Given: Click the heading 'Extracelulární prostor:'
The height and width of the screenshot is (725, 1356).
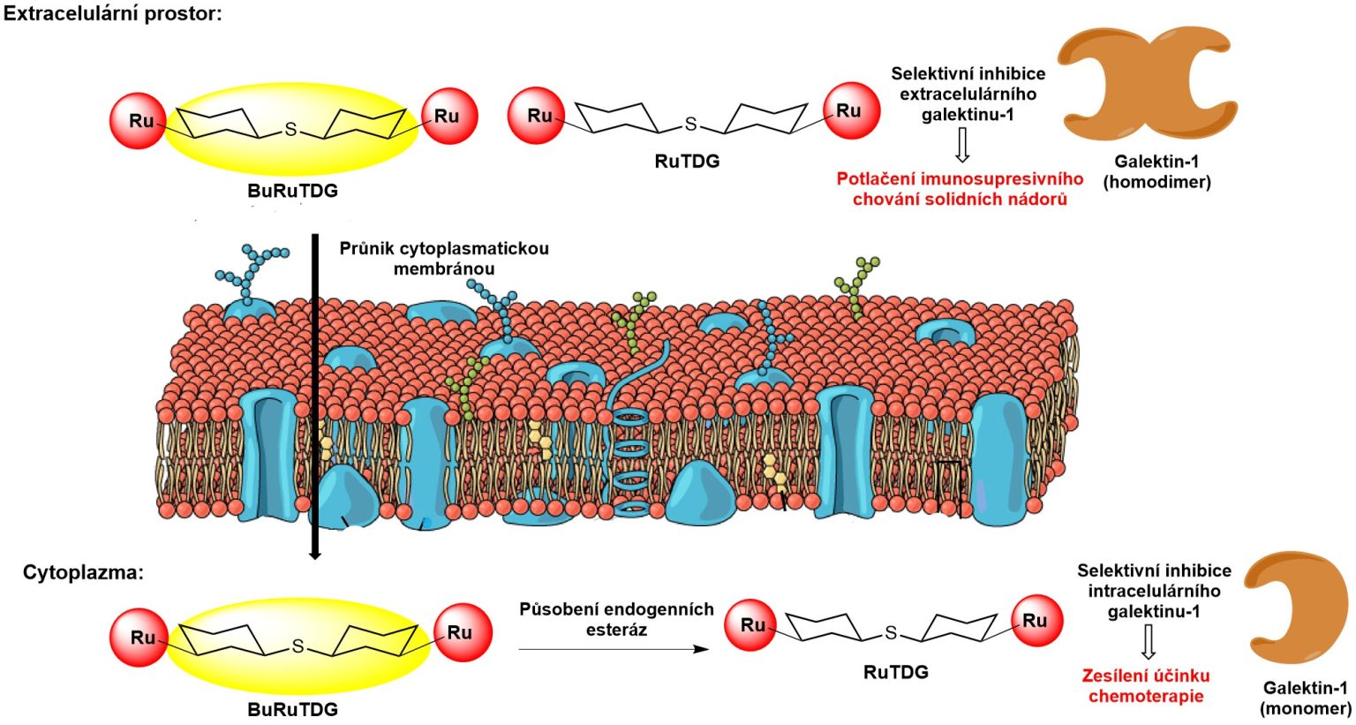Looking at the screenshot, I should pyautogui.click(x=112, y=14).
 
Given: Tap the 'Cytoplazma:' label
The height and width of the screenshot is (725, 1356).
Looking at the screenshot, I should pyautogui.click(x=83, y=572).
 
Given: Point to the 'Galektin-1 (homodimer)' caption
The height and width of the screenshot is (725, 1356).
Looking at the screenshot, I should pyautogui.click(x=1156, y=171).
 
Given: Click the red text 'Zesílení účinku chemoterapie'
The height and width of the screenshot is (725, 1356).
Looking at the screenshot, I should pyautogui.click(x=1146, y=685).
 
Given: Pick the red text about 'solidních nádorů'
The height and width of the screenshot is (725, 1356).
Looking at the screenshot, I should pyautogui.click(x=960, y=189).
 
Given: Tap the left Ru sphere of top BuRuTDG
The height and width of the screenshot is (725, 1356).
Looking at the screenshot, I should pyautogui.click(x=139, y=120).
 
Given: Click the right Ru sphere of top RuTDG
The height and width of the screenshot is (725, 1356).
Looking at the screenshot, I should pyautogui.click(x=851, y=111).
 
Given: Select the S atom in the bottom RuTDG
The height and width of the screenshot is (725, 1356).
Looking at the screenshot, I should pyautogui.click(x=890, y=632).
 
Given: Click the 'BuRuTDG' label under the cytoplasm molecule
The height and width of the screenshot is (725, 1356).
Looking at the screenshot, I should pyautogui.click(x=292, y=709).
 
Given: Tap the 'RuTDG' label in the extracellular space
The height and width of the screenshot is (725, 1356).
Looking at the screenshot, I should pyautogui.click(x=687, y=161).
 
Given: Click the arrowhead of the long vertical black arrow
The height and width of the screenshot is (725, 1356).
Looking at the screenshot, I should pyautogui.click(x=314, y=553).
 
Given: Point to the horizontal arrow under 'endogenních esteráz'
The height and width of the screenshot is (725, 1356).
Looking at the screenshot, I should pyautogui.click(x=614, y=649).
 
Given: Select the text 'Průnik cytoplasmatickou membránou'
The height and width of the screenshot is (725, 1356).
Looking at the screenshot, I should pyautogui.click(x=444, y=259).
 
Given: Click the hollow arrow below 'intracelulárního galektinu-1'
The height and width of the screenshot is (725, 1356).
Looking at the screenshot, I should pyautogui.click(x=1148, y=642).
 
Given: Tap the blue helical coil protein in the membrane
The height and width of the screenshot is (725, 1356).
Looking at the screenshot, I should pyautogui.click(x=632, y=450).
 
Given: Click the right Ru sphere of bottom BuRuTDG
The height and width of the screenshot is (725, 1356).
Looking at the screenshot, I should pyautogui.click(x=463, y=632).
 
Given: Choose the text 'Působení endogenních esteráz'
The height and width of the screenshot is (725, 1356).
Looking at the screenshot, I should pyautogui.click(x=616, y=619).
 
